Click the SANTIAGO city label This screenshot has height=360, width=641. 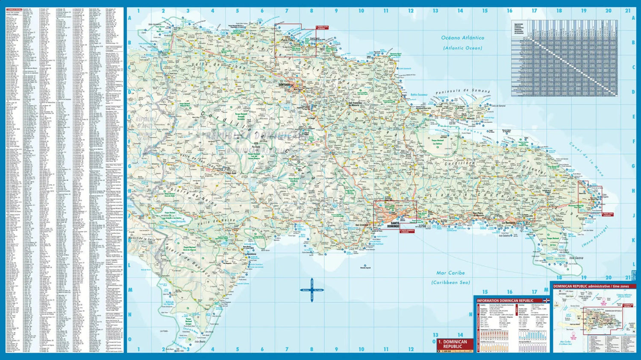coord(284,85)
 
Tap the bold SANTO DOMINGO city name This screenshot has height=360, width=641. coord(393,224)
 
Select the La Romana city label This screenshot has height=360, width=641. coord(509,223)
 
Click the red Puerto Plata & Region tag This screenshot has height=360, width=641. coord(322,28)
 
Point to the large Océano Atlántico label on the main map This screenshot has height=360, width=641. coord(463,38)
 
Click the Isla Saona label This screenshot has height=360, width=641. coord(576,258)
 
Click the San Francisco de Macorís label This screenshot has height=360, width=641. coord(362,103)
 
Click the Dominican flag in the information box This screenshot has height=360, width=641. coord(546,301)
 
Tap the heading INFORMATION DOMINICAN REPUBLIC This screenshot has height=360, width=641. coord(505,301)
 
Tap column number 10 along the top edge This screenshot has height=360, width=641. coord(361,11)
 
